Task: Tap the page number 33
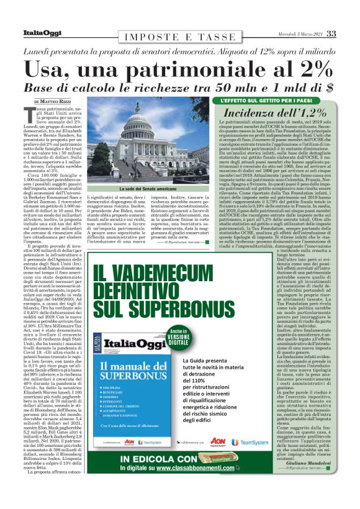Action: (x=331, y=34)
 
